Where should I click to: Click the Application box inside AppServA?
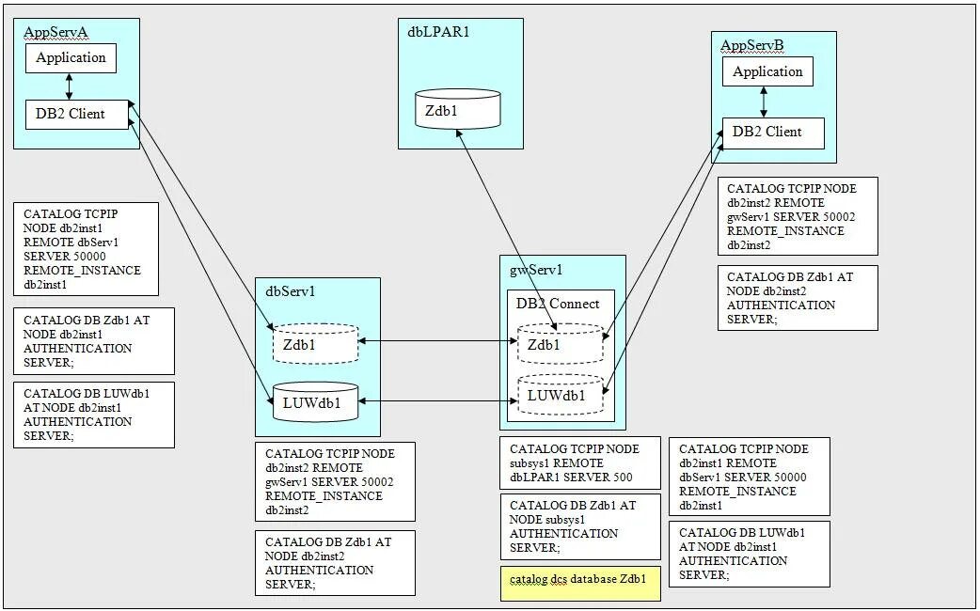[71, 58]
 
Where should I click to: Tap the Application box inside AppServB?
[767, 72]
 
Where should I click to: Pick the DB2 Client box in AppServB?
[772, 133]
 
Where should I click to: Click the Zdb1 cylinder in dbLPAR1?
[458, 109]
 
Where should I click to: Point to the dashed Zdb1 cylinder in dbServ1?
[315, 344]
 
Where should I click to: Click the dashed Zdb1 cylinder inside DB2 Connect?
[560, 344]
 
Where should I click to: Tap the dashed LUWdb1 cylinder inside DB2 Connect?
[560, 395]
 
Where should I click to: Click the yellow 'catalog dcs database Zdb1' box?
[579, 580]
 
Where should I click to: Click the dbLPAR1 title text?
[438, 32]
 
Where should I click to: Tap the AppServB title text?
[751, 45]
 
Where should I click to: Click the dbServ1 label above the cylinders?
[291, 291]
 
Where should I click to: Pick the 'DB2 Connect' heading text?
[558, 304]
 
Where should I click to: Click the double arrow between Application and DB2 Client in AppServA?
[70, 86]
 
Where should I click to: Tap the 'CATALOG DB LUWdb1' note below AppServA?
[94, 415]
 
